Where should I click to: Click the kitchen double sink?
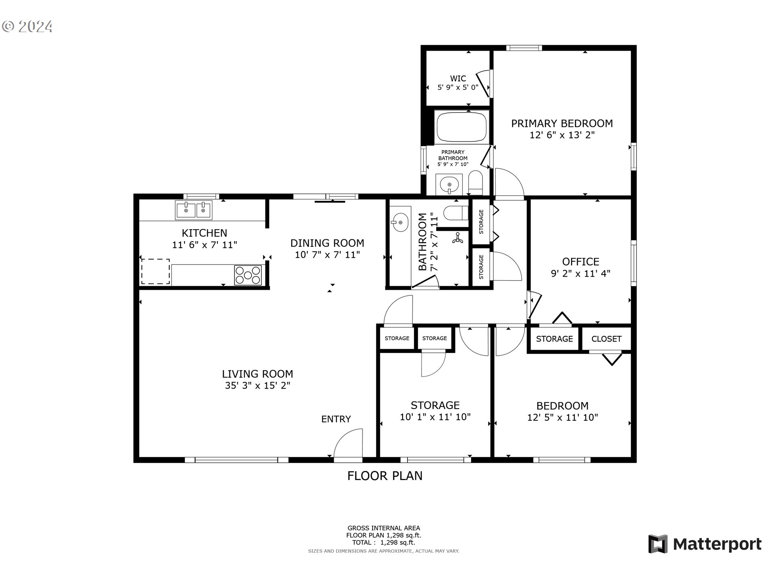click(x=194, y=210)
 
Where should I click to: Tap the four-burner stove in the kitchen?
click(x=248, y=275)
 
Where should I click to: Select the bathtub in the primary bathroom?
click(x=462, y=127)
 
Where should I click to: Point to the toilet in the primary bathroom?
click(x=476, y=183)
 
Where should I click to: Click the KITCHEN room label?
click(x=205, y=233)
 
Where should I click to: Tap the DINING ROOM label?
click(x=327, y=243)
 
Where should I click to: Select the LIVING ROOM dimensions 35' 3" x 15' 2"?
click(x=257, y=385)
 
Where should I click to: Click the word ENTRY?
click(x=336, y=419)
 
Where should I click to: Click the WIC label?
click(x=458, y=79)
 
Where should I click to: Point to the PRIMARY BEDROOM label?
click(x=562, y=123)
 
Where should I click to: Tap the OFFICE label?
click(x=581, y=262)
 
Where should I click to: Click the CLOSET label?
click(x=606, y=339)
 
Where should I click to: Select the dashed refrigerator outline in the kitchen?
click(x=155, y=272)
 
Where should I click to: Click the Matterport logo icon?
click(x=658, y=544)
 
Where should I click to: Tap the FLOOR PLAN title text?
click(x=385, y=476)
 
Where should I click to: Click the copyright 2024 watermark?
click(x=27, y=26)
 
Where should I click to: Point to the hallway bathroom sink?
click(x=400, y=222)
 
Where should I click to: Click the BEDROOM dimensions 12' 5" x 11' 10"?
click(x=562, y=417)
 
